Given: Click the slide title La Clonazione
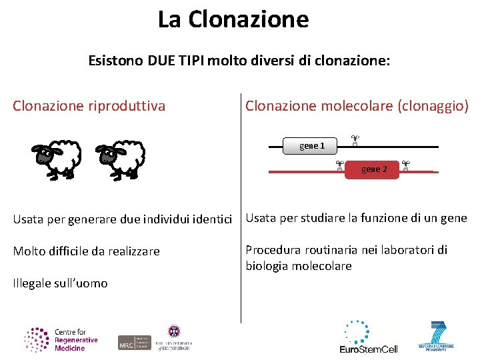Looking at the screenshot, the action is point(233,19).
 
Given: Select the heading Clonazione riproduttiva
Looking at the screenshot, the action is point(89,105).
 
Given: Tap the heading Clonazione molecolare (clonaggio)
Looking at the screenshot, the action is point(357,105).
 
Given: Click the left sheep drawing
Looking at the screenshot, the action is point(57,159).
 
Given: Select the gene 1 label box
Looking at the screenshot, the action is point(311,145).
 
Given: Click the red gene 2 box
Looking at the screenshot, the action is point(373,169).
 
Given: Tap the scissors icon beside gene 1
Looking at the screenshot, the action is point(355,141).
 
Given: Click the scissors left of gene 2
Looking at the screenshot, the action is point(339,165).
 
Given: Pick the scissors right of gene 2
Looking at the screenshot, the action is point(405,165).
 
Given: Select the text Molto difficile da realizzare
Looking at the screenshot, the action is point(87,251).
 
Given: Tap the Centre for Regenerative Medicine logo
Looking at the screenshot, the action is point(61,339).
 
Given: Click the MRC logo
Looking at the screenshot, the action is point(134,342).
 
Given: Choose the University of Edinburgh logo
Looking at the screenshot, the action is point(174,338).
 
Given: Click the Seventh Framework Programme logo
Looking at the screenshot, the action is point(437,337).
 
